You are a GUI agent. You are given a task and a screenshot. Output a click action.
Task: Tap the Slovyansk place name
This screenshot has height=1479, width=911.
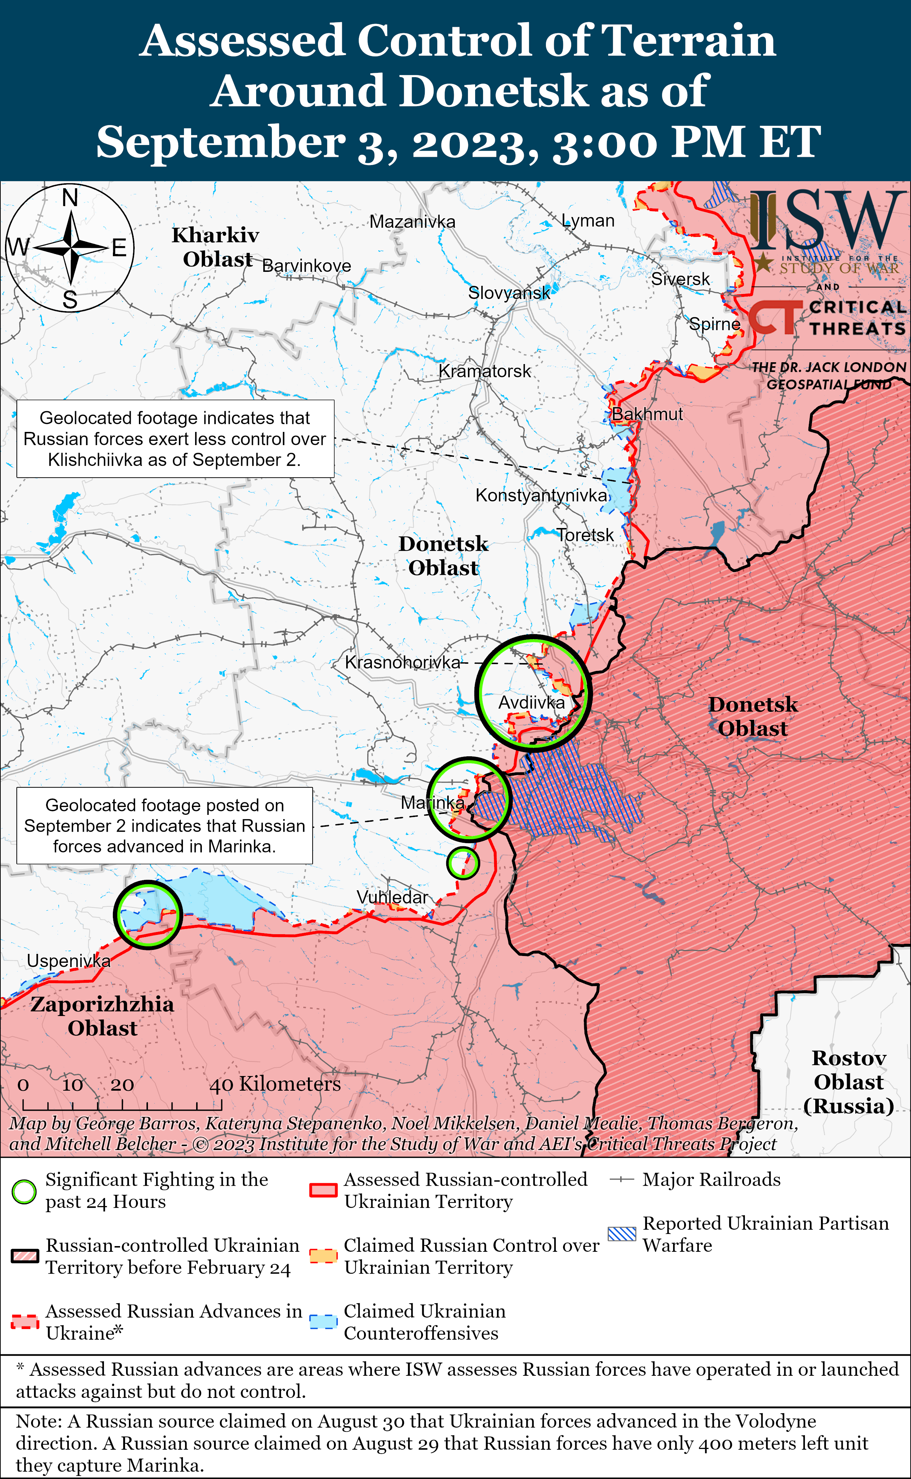tap(509, 293)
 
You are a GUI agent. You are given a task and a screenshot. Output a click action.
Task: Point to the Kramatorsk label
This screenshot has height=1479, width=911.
tap(484, 371)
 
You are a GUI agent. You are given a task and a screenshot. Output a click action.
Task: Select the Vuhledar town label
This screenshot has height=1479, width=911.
tap(392, 897)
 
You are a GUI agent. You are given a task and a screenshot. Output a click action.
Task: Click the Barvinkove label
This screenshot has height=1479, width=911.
tap(307, 266)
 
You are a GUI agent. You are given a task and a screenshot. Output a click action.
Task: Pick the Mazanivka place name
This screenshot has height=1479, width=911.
tap(412, 222)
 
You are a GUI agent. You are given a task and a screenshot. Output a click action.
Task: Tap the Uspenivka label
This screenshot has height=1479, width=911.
tap(69, 961)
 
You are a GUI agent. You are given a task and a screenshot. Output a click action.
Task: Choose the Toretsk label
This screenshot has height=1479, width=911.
tap(585, 535)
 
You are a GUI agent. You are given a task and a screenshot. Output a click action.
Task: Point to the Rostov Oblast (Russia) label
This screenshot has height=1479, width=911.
tap(848, 1081)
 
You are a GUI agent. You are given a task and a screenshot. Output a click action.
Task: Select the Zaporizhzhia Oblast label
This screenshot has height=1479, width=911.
tap(103, 1016)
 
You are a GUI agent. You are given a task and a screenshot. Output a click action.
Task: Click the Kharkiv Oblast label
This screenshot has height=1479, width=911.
tap(216, 247)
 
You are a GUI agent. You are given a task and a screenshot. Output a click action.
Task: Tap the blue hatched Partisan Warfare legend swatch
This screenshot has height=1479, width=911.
tap(621, 1234)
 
